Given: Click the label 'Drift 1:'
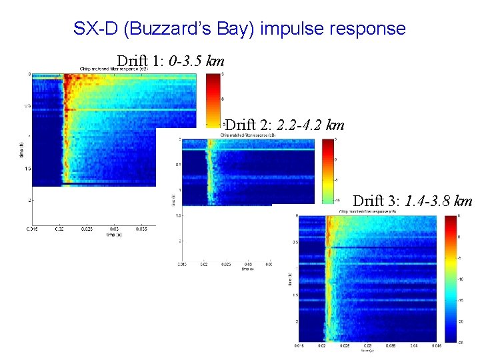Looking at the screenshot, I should pyautogui.click(x=141, y=61).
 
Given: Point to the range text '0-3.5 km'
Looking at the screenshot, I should pyautogui.click(x=197, y=61).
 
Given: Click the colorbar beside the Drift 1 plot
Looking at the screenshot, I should pyautogui.click(x=212, y=100).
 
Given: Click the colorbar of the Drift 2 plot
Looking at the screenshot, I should pyautogui.click(x=327, y=170).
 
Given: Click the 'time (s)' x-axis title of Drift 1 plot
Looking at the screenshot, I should pyautogui.click(x=114, y=235).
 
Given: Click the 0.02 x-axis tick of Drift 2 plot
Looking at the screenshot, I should pyautogui.click(x=203, y=264).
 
